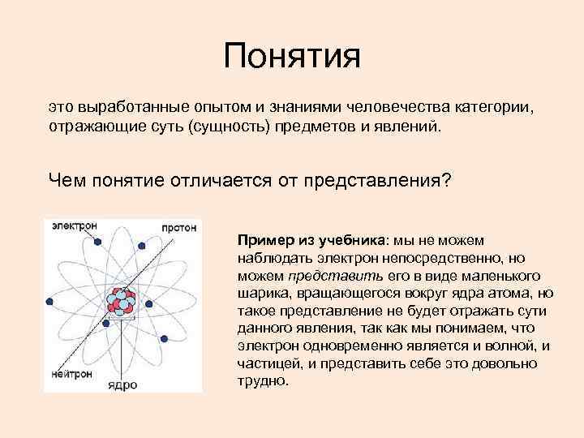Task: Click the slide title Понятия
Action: [x=292, y=56]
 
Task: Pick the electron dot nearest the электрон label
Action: [x=98, y=241]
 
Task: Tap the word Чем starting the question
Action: [x=65, y=179]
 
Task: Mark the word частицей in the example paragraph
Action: [x=264, y=363]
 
